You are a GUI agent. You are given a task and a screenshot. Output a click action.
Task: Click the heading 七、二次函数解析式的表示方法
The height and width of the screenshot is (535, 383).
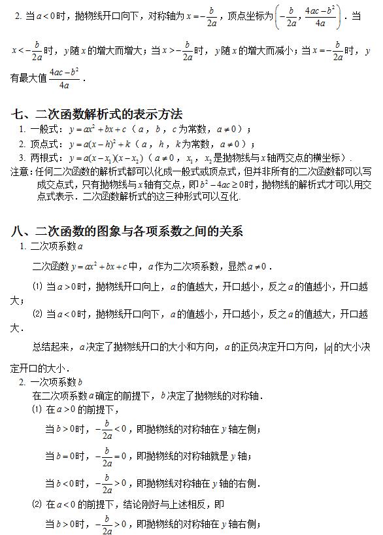(x=96, y=114)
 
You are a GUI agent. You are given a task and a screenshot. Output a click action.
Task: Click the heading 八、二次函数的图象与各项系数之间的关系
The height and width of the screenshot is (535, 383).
(x=127, y=231)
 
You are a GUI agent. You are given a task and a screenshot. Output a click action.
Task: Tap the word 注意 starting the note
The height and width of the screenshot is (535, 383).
(x=20, y=172)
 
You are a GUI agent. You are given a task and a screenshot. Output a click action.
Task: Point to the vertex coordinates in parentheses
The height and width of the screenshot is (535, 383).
(x=307, y=15)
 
